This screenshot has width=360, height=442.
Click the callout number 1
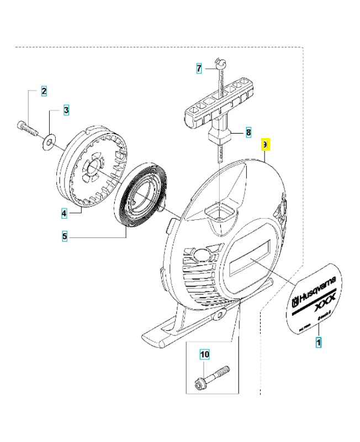click(319, 343)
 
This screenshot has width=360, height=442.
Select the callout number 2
click(44, 91)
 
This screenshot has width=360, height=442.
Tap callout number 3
click(66, 110)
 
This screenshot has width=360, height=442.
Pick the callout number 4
click(64, 212)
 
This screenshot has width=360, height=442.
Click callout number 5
click(65, 236)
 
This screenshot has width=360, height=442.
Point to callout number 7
click(199, 69)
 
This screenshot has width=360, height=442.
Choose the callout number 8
click(248, 133)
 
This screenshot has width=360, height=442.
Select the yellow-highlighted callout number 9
click(265, 145)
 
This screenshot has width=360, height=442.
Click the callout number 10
click(204, 354)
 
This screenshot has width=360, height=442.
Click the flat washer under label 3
click(50, 143)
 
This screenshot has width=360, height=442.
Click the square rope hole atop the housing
click(220, 210)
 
